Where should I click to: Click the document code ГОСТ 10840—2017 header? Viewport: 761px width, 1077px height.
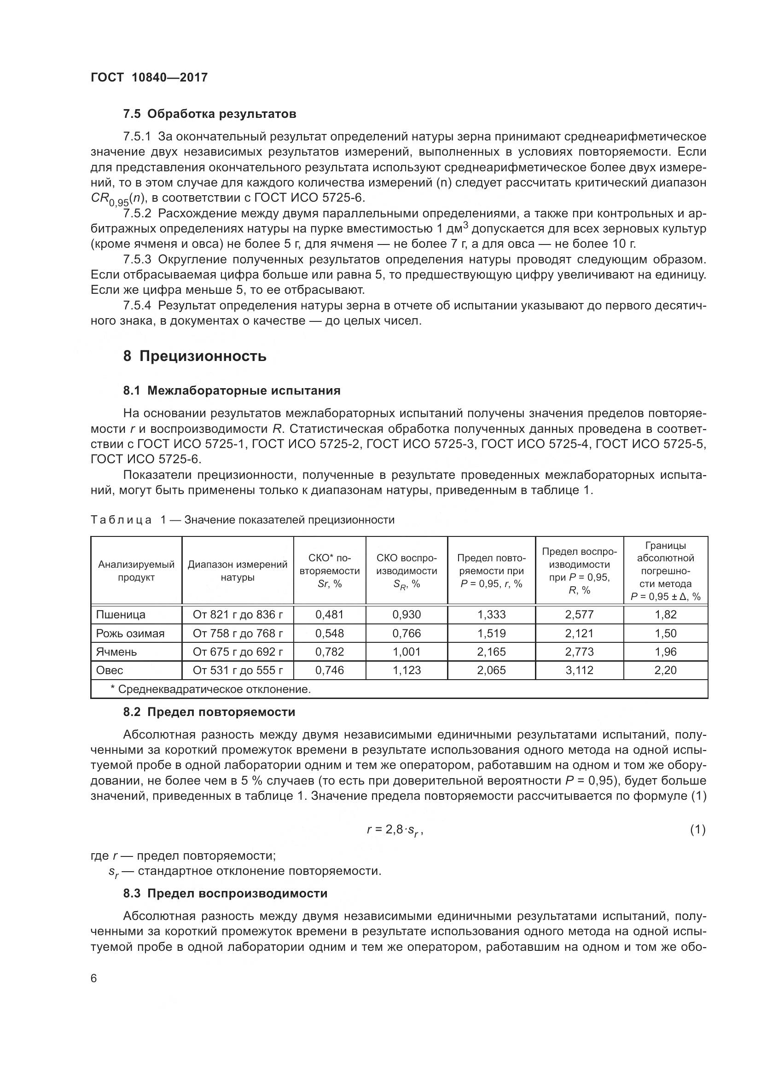pyautogui.click(x=149, y=78)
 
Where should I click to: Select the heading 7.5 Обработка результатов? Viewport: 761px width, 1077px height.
pyautogui.click(x=209, y=114)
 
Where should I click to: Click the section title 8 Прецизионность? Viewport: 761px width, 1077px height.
pyautogui.click(x=195, y=356)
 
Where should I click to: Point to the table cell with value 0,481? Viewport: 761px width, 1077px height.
pyautogui.click(x=329, y=615)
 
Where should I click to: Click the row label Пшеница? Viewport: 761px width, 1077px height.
pyautogui.click(x=121, y=615)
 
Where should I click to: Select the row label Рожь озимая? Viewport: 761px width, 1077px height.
pyautogui.click(x=130, y=633)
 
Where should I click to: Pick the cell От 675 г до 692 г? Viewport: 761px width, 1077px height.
pyautogui.click(x=238, y=652)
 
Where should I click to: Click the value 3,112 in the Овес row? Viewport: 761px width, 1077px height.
pyautogui.click(x=579, y=670)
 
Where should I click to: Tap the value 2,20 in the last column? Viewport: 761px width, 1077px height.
pyautogui.click(x=665, y=670)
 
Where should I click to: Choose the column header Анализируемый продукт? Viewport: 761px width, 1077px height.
pyautogui.click(x=136, y=571)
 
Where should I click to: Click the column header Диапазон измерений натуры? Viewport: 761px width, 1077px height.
pyautogui.click(x=238, y=571)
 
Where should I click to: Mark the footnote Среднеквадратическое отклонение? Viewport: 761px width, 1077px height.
pyautogui.click(x=210, y=689)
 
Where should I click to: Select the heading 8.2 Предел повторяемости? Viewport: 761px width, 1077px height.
pyautogui.click(x=209, y=712)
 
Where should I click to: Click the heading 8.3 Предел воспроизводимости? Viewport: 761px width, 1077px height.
pyautogui.click(x=225, y=893)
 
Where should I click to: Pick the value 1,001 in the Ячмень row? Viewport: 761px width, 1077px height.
pyautogui.click(x=407, y=652)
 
